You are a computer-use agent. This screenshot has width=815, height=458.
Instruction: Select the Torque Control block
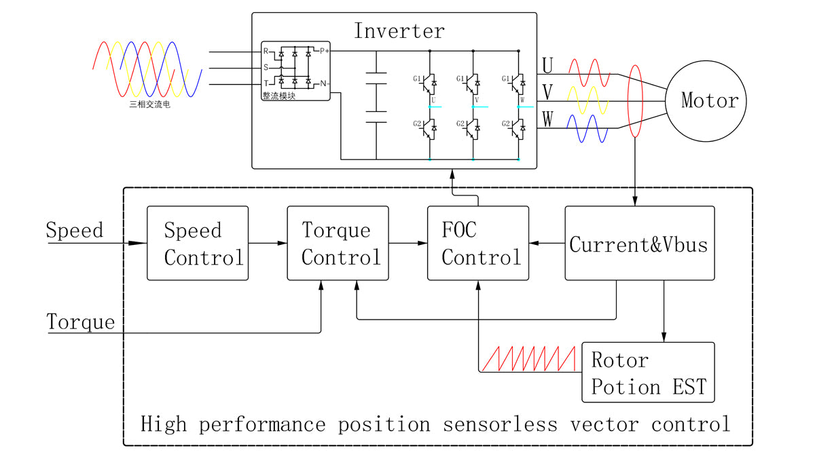[x=338, y=243]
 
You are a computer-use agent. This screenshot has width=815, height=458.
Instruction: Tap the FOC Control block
[x=478, y=243]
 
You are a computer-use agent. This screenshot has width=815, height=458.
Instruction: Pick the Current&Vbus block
[x=639, y=243]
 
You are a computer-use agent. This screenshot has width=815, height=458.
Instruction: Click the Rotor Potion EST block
[x=648, y=372]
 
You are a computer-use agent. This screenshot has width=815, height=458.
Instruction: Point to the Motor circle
[x=709, y=101]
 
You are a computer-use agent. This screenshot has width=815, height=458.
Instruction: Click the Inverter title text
[x=399, y=31]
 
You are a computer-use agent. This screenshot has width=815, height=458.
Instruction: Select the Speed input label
[x=75, y=230]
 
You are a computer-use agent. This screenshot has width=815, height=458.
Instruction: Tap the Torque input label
[x=81, y=321]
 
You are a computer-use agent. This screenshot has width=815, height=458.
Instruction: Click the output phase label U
[x=547, y=65]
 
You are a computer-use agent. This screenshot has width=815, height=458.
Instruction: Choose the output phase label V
[x=547, y=92]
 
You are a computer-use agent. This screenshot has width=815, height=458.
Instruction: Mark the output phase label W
[x=547, y=119]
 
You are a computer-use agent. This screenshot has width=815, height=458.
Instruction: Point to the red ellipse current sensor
[x=636, y=101]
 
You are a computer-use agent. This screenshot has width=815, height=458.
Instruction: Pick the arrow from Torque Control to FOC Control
[x=408, y=243]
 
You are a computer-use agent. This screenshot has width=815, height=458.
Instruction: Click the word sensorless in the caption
[x=499, y=425]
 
